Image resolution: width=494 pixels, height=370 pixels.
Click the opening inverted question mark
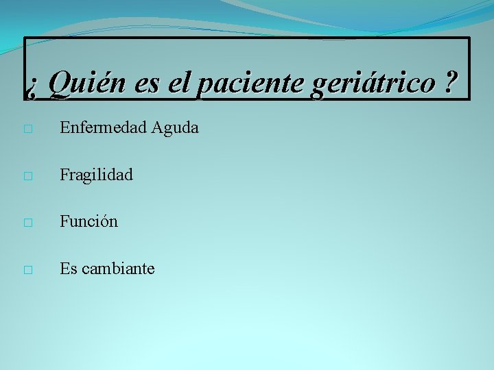coord(33,86)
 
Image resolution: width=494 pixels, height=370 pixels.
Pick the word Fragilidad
coord(96,175)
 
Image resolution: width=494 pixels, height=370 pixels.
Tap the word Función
coord(89,221)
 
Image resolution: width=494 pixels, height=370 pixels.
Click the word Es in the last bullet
coord(68,269)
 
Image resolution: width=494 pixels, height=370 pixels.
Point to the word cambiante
coord(118,269)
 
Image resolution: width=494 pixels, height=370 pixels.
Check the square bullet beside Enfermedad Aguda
coord(27,129)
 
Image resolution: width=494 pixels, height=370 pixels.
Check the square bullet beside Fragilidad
coord(27,176)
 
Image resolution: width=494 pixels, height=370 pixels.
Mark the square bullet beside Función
coord(27,223)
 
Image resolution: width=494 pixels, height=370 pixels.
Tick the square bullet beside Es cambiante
coord(27,270)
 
